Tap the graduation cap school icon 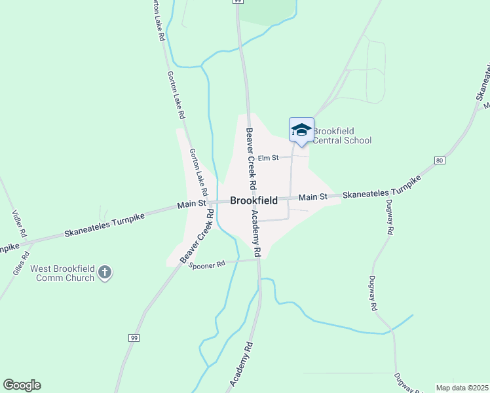(301, 129)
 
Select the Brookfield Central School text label (342, 136)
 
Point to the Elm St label (268, 158)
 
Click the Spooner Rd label (207, 264)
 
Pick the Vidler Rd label (19, 223)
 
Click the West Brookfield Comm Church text (62, 273)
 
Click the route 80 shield (439, 160)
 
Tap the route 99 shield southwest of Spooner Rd (134, 337)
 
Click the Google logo (22, 385)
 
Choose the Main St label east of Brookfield (312, 197)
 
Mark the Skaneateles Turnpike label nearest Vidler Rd (104, 227)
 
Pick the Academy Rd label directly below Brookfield (257, 233)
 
